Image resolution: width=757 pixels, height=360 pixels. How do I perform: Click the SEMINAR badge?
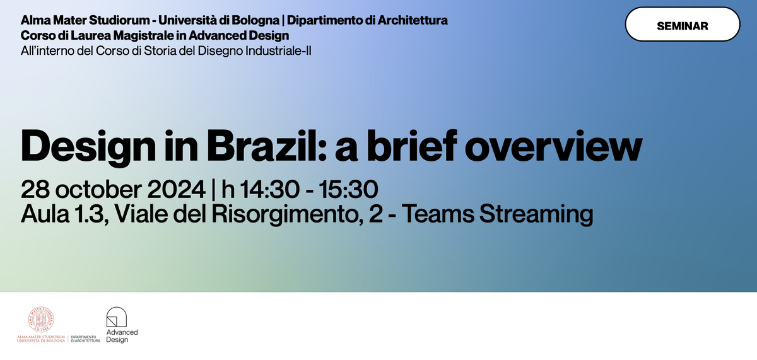[683, 25]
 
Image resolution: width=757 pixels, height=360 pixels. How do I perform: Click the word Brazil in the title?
[262, 146]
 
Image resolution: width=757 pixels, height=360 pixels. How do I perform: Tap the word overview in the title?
[553, 146]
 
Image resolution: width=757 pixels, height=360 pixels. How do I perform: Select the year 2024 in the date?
[176, 189]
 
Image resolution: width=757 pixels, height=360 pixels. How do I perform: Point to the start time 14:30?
[270, 189]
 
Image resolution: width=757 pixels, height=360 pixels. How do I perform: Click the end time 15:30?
[348, 189]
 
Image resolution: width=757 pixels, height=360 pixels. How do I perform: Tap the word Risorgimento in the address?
[287, 215]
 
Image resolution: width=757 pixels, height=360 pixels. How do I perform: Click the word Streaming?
[536, 215]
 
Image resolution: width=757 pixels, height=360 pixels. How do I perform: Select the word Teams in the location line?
[438, 214]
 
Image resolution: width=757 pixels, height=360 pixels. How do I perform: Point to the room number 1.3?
[91, 214]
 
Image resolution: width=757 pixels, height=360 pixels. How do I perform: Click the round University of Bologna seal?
[41, 320]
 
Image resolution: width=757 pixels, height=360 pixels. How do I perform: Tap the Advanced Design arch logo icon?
[117, 316]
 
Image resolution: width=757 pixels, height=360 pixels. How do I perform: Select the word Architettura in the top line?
[413, 20]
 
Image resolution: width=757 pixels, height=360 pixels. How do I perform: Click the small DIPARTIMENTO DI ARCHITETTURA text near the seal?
[86, 339]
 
